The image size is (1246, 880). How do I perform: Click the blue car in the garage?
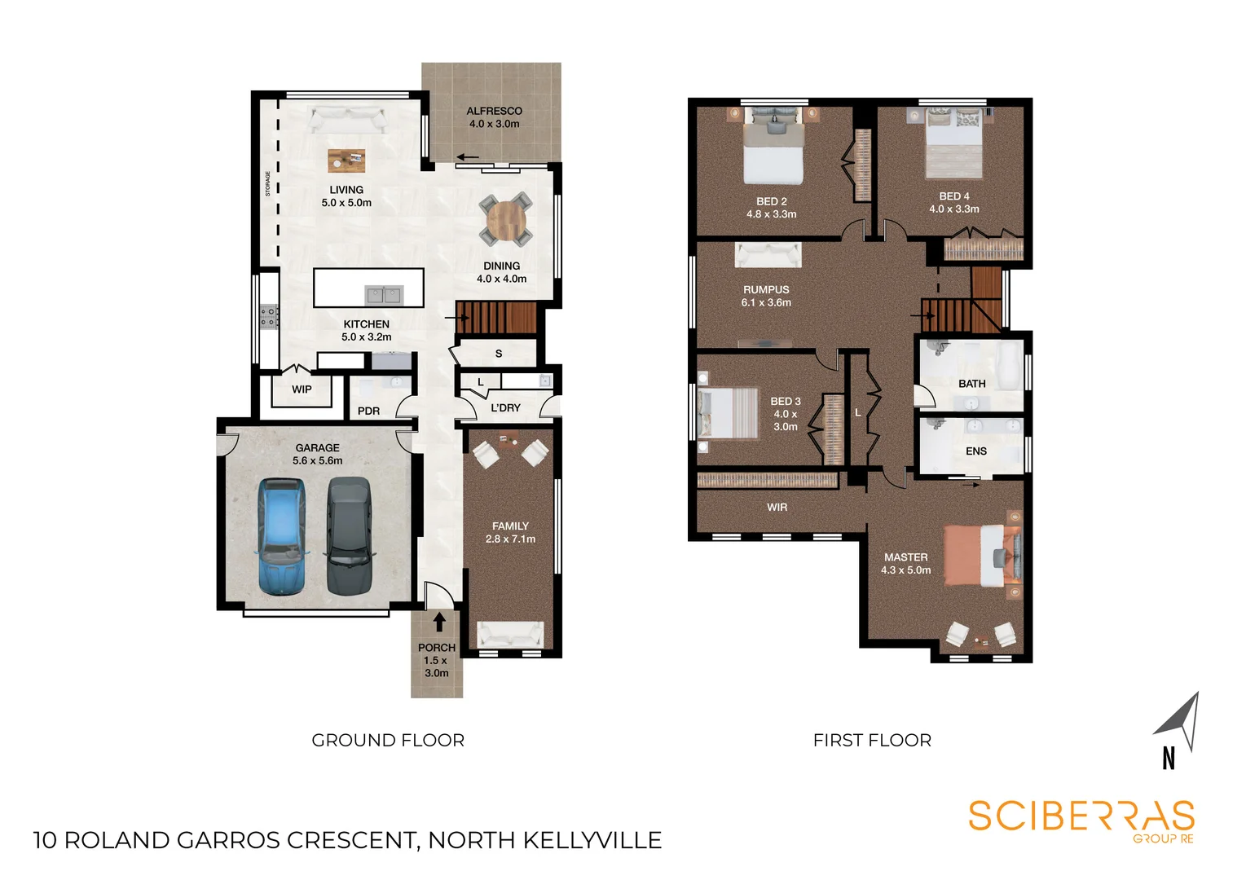pos(282,536)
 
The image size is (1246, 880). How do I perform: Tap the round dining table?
pos(506,219)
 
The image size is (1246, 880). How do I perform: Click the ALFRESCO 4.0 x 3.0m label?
pos(494,117)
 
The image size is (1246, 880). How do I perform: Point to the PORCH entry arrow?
pos(439,622)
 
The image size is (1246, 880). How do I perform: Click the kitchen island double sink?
pos(383,294)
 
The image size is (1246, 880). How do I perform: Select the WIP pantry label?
pos(302,389)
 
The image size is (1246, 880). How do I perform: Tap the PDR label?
pos(368,411)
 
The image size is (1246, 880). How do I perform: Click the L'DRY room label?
pos(505,407)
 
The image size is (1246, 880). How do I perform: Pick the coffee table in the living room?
pos(346,160)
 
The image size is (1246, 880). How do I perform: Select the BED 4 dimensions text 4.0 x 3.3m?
pos(954,209)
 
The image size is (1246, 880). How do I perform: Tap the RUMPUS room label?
pos(766,289)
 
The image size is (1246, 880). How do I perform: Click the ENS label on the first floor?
pos(976,451)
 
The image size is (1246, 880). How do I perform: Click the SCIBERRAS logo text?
pos(1081,816)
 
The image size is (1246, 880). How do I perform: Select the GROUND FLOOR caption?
pos(388,740)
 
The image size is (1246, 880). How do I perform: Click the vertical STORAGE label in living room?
pos(268,183)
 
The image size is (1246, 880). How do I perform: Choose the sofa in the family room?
pos(510,633)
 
